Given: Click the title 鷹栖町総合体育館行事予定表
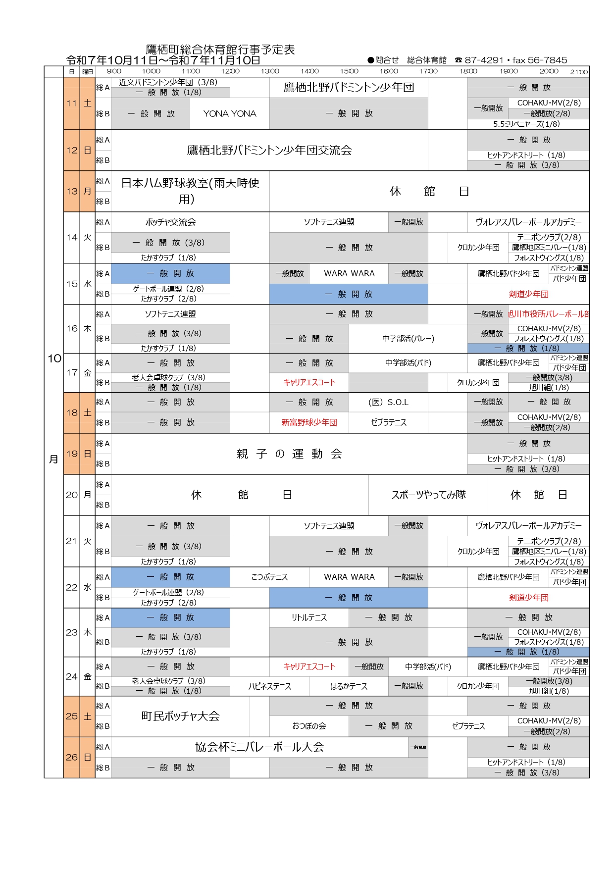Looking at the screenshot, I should (220, 50).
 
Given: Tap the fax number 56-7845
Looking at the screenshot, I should (548, 60).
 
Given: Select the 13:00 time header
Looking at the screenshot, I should (270, 71).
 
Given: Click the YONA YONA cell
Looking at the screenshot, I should (230, 114).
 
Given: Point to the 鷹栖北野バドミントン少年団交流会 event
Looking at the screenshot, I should (269, 151).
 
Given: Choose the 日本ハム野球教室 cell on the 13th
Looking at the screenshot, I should (190, 191).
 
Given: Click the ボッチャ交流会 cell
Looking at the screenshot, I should (170, 222).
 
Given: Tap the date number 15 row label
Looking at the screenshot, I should (72, 284).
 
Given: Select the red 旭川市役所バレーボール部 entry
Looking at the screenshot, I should (548, 314).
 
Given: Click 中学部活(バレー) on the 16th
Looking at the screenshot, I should (408, 339).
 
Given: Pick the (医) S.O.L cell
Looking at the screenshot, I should (388, 403).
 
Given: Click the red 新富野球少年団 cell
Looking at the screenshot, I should (309, 423).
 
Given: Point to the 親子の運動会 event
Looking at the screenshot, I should (289, 454).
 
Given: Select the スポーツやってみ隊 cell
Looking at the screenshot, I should (428, 495).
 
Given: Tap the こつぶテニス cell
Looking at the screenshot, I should (269, 577).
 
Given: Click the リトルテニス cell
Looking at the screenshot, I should (309, 618).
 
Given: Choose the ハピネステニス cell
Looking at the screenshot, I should (269, 687).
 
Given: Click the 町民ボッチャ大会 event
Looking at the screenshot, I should (180, 716).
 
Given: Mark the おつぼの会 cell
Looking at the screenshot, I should (309, 726).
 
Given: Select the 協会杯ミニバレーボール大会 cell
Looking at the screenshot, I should (259, 747).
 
